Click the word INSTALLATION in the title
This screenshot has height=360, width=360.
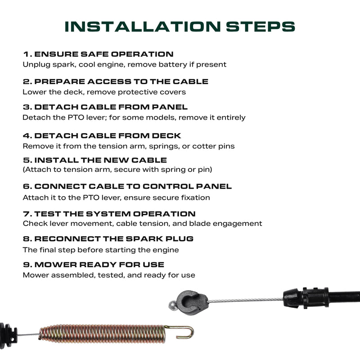pos(143,27)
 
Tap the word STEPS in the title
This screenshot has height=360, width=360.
pos(261,27)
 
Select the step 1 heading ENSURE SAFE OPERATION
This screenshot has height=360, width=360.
pos(104,54)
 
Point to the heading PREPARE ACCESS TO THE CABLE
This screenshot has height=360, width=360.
pos(121,82)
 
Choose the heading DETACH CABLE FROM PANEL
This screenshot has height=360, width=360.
pos(111,107)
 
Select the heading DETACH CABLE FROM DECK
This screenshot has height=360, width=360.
pos(108,136)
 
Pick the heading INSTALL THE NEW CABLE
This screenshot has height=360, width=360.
pos(100,160)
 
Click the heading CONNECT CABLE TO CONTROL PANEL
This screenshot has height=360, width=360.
pos(133,186)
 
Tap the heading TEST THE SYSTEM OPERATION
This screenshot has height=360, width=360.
pos(115,214)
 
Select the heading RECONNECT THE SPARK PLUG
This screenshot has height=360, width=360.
pos(114,239)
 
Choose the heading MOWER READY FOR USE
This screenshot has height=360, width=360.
pos(99,265)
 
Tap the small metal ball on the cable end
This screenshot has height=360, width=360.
pos(173,306)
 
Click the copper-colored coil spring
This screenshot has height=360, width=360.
pos(102,334)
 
